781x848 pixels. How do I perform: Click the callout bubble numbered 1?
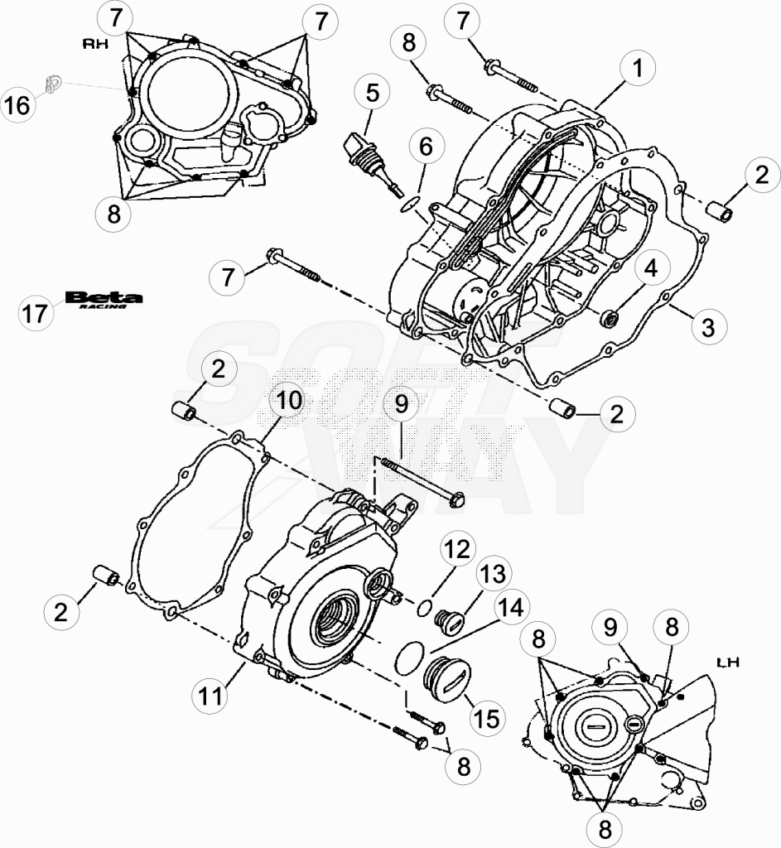(639, 68)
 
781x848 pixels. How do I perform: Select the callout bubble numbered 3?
(708, 326)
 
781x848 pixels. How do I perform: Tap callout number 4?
(651, 267)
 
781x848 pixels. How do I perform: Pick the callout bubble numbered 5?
(373, 93)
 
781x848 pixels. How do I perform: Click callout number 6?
(427, 146)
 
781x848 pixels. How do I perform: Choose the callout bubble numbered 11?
(211, 696)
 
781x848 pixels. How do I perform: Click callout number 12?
(457, 550)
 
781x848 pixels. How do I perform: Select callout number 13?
(494, 576)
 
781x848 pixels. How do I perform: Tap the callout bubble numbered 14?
(511, 608)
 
